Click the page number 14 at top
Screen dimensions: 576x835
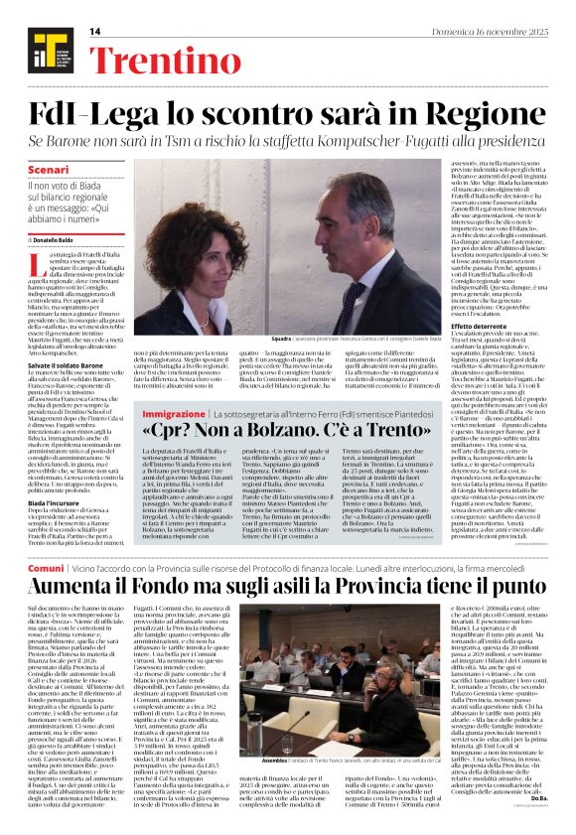(x=95, y=32)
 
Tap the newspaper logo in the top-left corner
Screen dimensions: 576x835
(x=41, y=49)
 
